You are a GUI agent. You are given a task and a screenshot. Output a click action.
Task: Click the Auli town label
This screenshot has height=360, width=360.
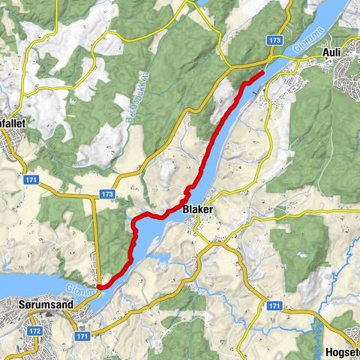[x=331, y=52]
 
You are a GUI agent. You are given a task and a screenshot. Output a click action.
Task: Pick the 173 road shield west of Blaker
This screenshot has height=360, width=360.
[x=107, y=194]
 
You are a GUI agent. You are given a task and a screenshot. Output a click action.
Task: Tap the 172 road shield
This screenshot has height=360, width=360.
[x=35, y=330]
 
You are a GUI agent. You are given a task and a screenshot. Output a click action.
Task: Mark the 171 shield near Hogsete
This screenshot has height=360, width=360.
[x=274, y=306]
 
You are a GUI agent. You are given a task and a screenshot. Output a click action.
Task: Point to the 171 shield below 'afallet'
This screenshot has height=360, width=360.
[x=30, y=181]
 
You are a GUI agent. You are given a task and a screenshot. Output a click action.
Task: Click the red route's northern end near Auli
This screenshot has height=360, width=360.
[x=262, y=73]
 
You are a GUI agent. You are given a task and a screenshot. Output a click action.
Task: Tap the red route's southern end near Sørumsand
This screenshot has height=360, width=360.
[x=98, y=285]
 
